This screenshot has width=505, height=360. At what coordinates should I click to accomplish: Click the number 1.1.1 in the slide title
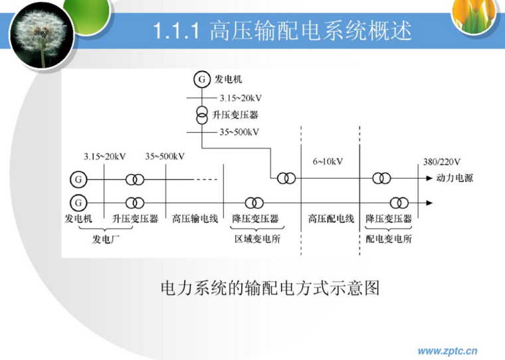(177, 31)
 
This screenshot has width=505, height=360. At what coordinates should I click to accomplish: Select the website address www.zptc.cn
(447, 351)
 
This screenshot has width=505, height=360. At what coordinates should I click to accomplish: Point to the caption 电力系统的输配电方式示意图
(270, 288)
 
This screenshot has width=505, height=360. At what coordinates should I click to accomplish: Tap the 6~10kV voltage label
(327, 161)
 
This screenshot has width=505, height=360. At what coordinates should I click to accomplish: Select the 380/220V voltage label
(441, 161)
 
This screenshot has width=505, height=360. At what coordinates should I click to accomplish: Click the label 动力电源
(454, 179)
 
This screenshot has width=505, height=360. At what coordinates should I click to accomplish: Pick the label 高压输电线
(195, 219)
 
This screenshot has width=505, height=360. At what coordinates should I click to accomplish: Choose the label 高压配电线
(331, 219)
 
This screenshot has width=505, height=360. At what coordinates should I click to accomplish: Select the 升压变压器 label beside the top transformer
(235, 115)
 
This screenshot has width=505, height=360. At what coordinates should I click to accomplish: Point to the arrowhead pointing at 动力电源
(429, 178)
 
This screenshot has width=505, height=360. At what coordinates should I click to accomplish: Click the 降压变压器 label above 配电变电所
(389, 219)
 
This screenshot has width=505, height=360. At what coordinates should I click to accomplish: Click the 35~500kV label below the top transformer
(239, 132)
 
